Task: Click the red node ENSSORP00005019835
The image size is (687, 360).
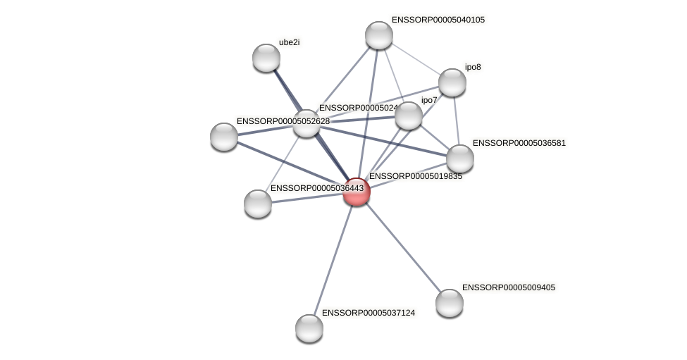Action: point(357,192)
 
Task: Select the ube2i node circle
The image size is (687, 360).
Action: point(266,58)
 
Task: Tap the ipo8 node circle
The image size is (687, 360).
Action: point(452,82)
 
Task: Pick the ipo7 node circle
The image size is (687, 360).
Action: point(408,116)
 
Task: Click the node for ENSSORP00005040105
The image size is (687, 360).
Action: point(378,35)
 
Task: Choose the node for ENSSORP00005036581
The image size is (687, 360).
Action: point(460,159)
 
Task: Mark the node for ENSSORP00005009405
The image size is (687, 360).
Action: point(450,303)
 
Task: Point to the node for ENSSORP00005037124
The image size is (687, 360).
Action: point(309,328)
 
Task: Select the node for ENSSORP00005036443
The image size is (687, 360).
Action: point(258,204)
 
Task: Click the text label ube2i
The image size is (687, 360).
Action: point(289,42)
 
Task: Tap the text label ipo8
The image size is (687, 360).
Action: point(473,67)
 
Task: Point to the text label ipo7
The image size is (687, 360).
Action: point(429,100)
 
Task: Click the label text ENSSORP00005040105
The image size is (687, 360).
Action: point(438,20)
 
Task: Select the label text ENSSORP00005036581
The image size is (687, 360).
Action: point(519,143)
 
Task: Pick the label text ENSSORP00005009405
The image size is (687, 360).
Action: point(509,287)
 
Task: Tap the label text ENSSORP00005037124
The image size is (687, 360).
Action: point(368,312)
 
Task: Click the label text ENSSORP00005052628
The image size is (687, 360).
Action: point(283,121)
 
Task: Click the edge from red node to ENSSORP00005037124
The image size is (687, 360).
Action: point(333,260)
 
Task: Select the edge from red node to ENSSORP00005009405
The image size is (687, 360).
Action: point(403,247)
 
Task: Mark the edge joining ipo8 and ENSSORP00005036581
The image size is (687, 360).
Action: point(457,120)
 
